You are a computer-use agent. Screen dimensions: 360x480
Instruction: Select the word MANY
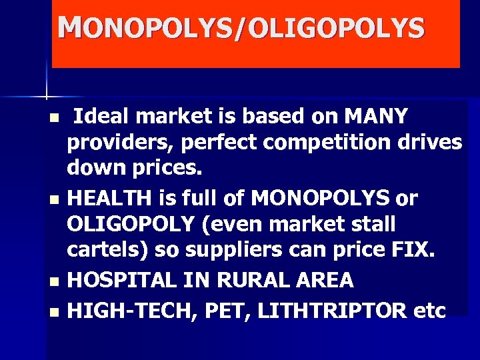pos(375,117)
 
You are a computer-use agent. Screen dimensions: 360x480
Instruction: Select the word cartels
pos(107,250)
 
